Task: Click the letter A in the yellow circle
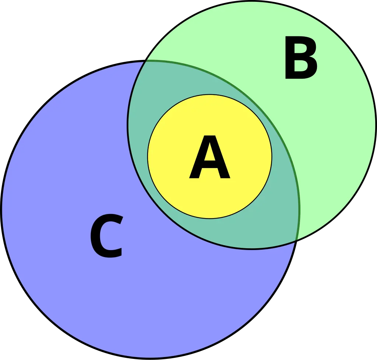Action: point(209,157)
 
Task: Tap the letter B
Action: point(301,57)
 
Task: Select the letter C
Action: point(107,236)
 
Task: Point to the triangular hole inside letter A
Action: point(209,153)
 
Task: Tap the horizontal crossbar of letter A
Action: point(209,164)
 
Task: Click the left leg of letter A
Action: point(198,163)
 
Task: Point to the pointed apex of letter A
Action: point(209,136)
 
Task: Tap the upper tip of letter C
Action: point(120,220)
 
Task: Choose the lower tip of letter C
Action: point(119,252)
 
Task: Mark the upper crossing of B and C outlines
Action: point(145,61)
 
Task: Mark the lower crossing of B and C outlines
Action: point(297,240)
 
